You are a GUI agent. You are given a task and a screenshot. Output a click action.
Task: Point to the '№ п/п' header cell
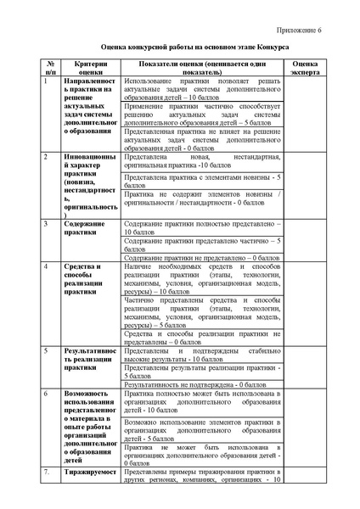pos(51,69)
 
